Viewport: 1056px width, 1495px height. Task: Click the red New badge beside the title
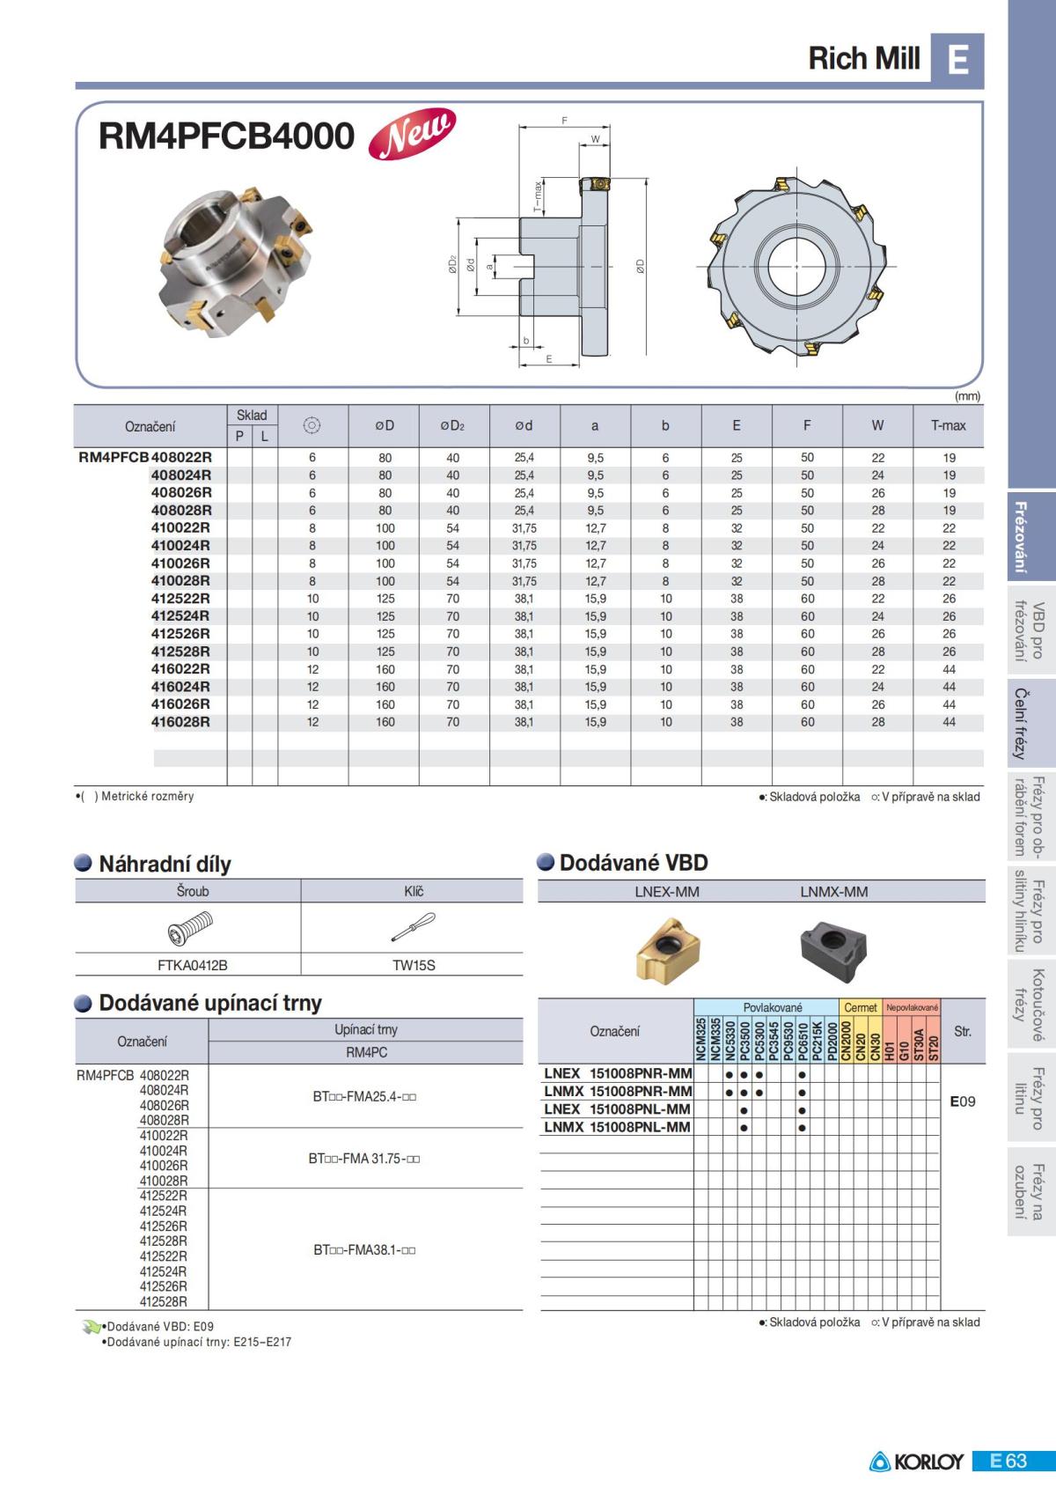412,134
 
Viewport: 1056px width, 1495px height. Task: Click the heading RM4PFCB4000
226,136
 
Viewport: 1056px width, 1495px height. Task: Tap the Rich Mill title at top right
864,58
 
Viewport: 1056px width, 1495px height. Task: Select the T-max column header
948,425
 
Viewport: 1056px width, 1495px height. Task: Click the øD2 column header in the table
452,425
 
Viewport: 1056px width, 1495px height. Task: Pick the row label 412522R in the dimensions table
180,598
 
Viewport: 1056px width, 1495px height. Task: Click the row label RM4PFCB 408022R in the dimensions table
144,457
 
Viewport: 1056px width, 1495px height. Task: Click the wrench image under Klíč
413,928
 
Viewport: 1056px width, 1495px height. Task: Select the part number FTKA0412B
192,965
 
